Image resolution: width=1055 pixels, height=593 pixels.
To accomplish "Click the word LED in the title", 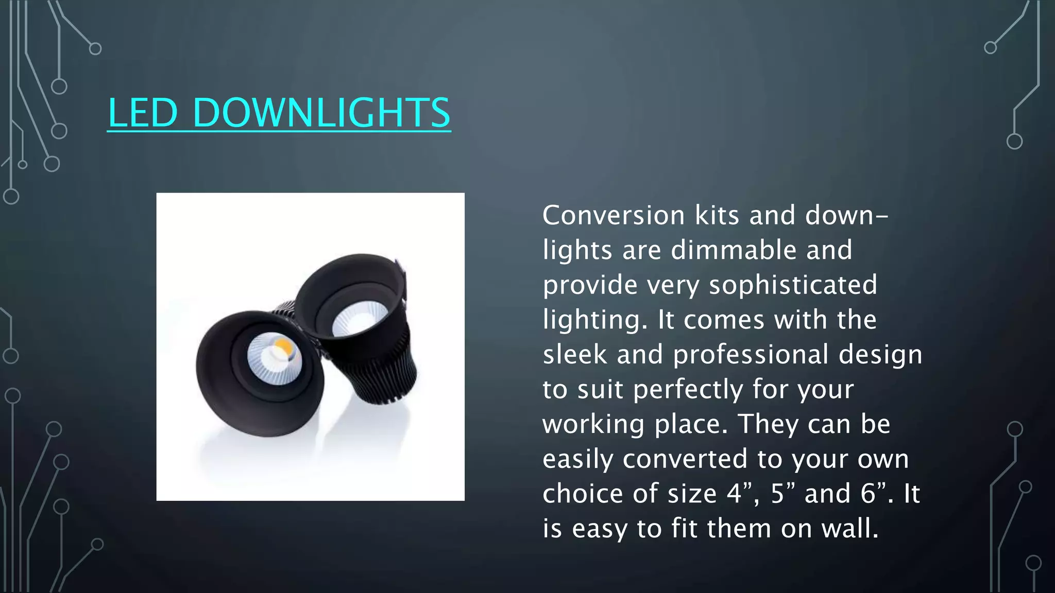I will [143, 113].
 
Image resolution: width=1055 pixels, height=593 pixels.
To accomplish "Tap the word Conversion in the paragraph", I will [614, 215].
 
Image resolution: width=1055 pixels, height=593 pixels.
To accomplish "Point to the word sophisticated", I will [793, 285].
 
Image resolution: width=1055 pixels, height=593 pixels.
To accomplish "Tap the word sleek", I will [575, 355].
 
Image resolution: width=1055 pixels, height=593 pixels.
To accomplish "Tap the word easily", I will [577, 459].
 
